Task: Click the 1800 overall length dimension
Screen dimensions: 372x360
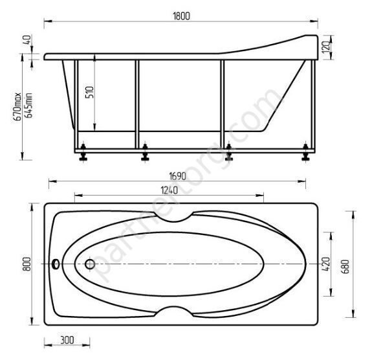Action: pos(182,16)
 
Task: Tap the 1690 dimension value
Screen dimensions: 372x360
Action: pos(178,176)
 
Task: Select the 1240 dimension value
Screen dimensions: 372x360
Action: pos(169,190)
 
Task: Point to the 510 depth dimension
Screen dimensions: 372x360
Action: pos(90,92)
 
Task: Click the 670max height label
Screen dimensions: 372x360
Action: pos(17,107)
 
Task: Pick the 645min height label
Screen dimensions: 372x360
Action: pos(28,106)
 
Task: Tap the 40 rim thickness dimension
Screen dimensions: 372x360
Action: pos(27,39)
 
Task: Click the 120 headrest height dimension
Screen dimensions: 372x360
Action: pos(327,47)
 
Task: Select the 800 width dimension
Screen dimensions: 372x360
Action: pos(27,264)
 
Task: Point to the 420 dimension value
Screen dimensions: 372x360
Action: pos(327,264)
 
